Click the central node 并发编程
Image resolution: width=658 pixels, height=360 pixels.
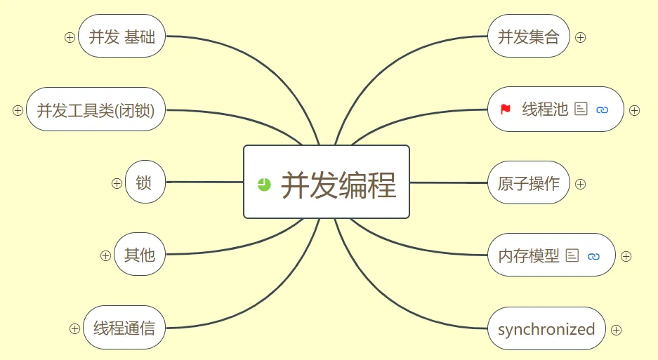pos(327,182)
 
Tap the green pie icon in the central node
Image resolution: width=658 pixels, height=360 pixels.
pos(264,184)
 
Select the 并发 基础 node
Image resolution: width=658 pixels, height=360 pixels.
pos(121,36)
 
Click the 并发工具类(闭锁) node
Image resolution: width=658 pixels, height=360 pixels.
pos(96,109)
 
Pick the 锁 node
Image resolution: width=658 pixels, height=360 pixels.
pos(145,182)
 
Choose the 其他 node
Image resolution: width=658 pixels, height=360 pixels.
pos(140,254)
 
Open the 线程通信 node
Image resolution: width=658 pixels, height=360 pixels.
pos(124,328)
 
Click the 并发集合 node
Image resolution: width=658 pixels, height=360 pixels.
pos(529,36)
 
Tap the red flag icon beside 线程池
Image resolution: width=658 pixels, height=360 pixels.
pos(506,109)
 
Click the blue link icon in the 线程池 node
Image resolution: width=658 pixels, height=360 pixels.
pos(603,110)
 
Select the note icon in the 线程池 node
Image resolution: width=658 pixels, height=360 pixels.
pos(581,109)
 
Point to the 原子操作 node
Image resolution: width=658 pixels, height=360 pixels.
pos(529,183)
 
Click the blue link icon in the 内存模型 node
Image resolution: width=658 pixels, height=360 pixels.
pos(593,256)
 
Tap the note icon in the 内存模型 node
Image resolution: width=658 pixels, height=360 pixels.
pos(572,255)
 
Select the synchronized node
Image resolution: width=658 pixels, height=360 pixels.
pos(546,328)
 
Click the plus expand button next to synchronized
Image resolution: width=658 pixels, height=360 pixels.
pos(616,331)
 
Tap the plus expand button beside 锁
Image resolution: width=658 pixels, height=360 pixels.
pos(117,183)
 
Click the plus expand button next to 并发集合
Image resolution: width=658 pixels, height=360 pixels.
pos(580,38)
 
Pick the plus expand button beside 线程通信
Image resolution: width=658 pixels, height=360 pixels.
pos(74,328)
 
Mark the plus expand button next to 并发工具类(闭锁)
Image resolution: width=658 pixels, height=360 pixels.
pos(18,110)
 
